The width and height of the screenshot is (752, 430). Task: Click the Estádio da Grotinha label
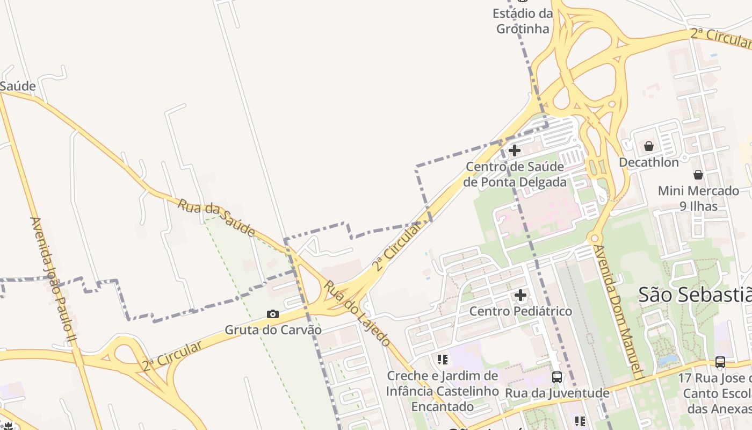pos(523,21)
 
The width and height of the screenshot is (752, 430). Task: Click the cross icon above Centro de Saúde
pos(515,150)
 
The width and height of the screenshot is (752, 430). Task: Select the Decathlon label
pos(649,162)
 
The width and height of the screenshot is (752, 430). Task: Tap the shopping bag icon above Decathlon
pos(649,146)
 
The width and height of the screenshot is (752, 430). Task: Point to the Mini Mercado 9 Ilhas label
pos(698,198)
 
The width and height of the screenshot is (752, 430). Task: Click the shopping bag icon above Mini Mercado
pos(698,175)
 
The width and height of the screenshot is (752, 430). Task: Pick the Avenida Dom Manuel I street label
pos(617,312)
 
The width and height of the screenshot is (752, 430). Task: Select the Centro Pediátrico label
pos(520,311)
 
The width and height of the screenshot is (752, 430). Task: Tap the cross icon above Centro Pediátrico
pos(520,295)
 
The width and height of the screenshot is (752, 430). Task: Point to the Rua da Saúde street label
pos(216,218)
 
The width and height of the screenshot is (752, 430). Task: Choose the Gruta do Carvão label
pos(273,329)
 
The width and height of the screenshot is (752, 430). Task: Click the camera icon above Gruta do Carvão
pos(273,314)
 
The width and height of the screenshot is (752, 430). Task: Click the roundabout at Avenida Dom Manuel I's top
pos(594,238)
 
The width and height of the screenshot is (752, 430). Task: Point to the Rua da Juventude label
pos(557,393)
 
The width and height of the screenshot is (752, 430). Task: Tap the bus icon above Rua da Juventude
pos(557,377)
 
